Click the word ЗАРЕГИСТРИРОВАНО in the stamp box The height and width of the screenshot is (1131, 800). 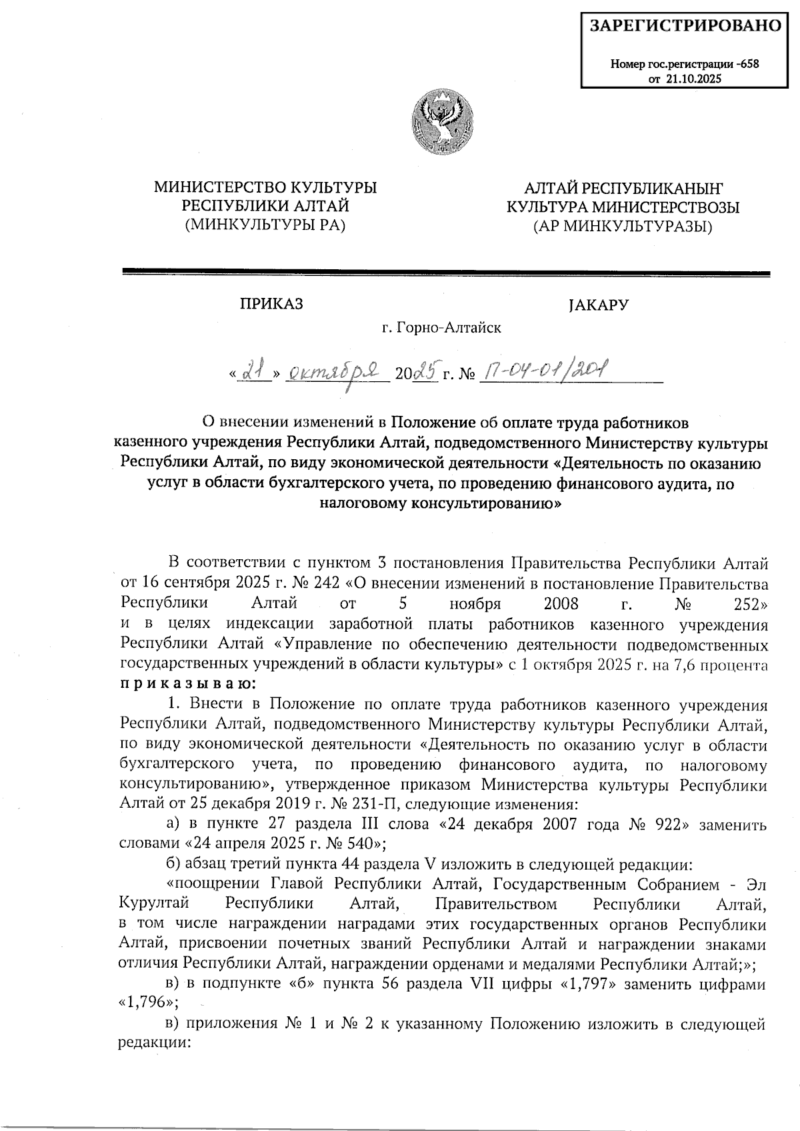[x=686, y=26]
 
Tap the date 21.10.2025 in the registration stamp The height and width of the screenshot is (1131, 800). [x=695, y=79]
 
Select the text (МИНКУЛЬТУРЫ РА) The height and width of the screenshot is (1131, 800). [x=265, y=225]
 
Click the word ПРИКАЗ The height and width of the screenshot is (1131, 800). [x=271, y=305]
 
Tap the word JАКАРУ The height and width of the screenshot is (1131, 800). [x=599, y=305]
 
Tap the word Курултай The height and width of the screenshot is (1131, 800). [x=154, y=904]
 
